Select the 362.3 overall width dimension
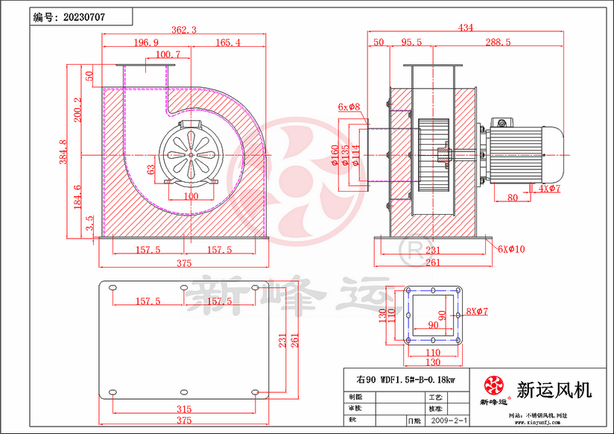point(183,30)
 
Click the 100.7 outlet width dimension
point(168,54)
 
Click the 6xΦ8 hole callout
point(349,107)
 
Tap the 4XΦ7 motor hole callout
point(548,188)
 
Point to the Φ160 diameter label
point(335,154)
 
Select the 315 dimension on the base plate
point(184,409)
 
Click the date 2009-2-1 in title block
point(449,421)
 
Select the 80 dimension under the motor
point(513,198)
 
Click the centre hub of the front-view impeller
point(190,154)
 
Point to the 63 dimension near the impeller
point(151,169)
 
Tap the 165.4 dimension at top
point(227,43)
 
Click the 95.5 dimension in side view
point(411,43)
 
